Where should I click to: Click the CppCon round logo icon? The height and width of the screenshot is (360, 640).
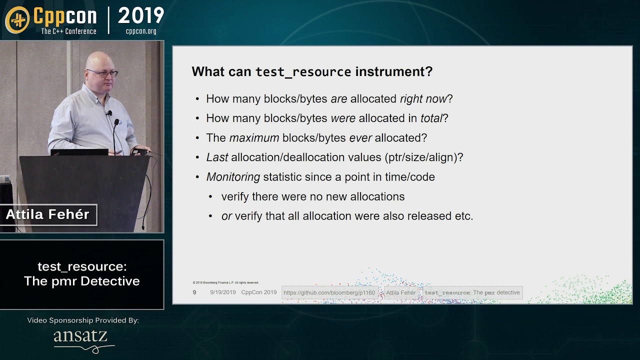pos(17,20)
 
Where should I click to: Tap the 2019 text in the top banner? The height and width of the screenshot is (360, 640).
pos(141,16)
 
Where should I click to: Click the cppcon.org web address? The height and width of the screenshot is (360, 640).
pos(141,31)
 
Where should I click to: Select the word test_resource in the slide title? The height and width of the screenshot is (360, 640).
pos(303,72)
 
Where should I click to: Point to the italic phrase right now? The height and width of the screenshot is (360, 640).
pos(423,99)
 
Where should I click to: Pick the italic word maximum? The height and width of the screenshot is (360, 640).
pos(254,138)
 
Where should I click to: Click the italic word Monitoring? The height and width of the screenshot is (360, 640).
pos(233,177)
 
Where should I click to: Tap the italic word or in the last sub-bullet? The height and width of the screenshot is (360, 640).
pos(226,216)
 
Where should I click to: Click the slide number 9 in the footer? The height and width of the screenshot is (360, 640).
pos(194,292)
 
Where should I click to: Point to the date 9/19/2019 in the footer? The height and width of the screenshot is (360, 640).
pos(222,292)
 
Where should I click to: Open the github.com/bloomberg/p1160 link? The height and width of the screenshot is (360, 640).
pos(329,292)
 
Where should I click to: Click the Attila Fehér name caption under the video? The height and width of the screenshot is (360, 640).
pos(47,215)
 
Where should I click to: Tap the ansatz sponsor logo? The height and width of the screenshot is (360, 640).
pos(80,337)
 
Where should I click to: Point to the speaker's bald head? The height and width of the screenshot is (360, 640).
pos(97,59)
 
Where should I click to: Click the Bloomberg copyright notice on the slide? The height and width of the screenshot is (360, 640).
pos(225,282)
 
